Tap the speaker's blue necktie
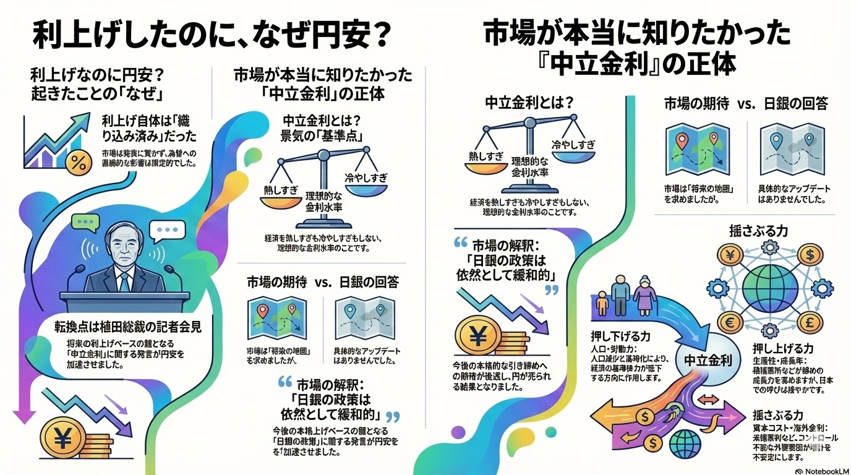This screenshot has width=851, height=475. [125, 281]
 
